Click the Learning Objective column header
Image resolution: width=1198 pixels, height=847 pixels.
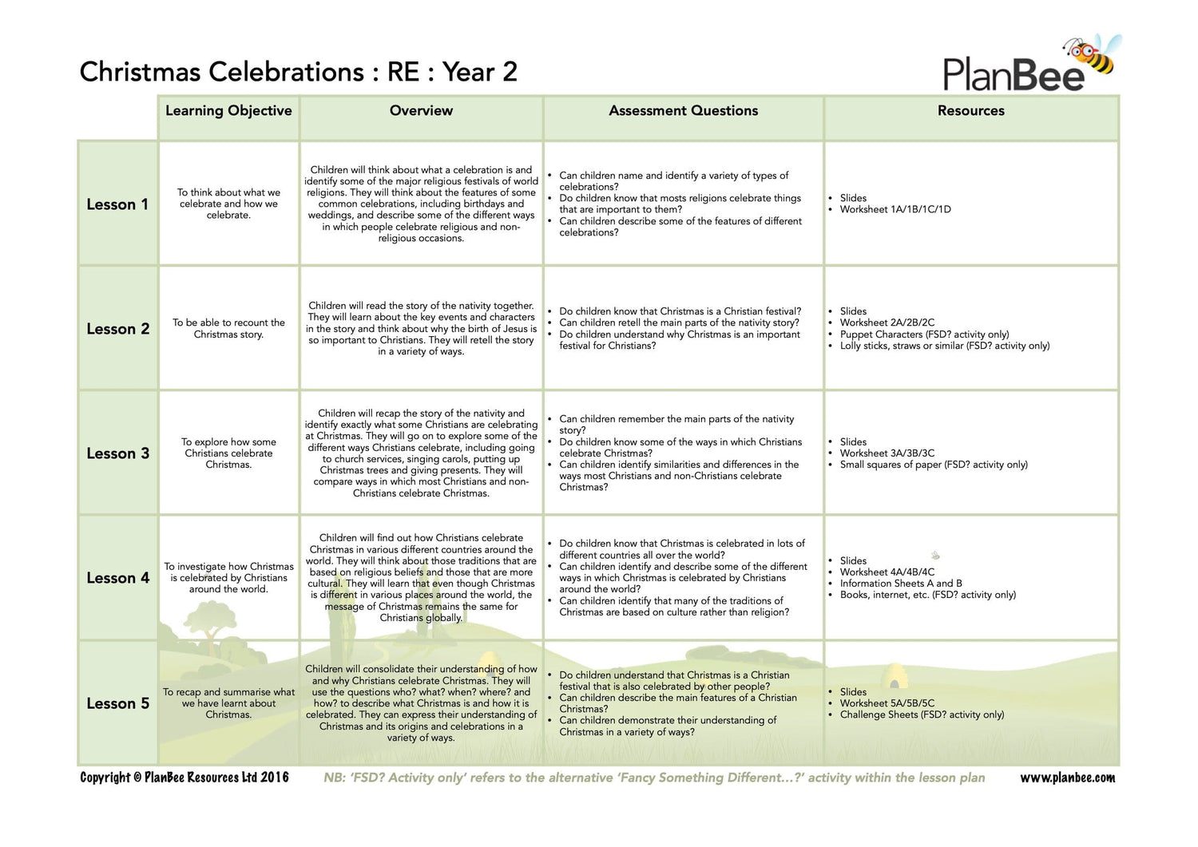[x=228, y=111]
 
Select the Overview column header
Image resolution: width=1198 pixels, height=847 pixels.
[x=421, y=111]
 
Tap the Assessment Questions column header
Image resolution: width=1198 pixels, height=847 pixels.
[x=683, y=111]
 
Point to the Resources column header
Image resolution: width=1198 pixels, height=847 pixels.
[x=970, y=111]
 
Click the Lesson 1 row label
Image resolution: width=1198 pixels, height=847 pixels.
[x=117, y=204]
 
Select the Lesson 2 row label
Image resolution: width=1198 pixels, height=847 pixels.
[x=117, y=329]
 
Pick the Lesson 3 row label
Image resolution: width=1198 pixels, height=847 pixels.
[x=117, y=453]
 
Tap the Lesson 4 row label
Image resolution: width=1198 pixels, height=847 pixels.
[x=117, y=578]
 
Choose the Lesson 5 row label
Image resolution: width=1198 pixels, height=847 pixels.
[x=117, y=703]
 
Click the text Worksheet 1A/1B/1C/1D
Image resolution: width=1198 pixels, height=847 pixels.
[x=895, y=210]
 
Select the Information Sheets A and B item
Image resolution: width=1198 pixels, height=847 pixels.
[x=900, y=584]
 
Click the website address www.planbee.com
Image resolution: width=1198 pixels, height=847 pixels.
[x=1067, y=778]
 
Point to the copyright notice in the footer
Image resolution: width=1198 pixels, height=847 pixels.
[x=184, y=778]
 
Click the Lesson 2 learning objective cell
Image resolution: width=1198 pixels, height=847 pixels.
[x=228, y=328]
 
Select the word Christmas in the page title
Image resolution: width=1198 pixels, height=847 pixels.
[x=142, y=72]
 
